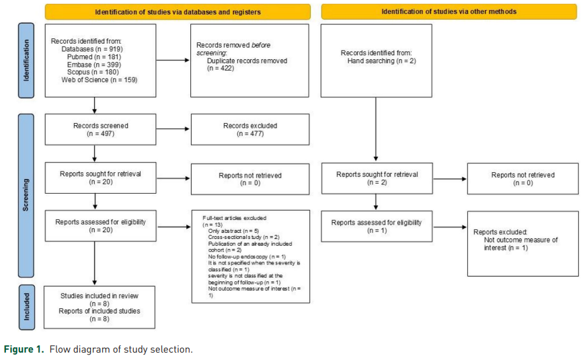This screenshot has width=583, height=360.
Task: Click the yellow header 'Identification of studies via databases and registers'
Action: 178,11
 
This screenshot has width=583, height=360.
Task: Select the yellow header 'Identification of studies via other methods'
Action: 449,11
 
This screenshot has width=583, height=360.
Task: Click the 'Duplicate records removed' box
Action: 250,61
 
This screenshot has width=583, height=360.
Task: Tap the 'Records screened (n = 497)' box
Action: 100,129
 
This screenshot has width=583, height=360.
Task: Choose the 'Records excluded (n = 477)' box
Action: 250,129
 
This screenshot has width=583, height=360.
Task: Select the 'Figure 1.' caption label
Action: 23,349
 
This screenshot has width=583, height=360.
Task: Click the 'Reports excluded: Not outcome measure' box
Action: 522,243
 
